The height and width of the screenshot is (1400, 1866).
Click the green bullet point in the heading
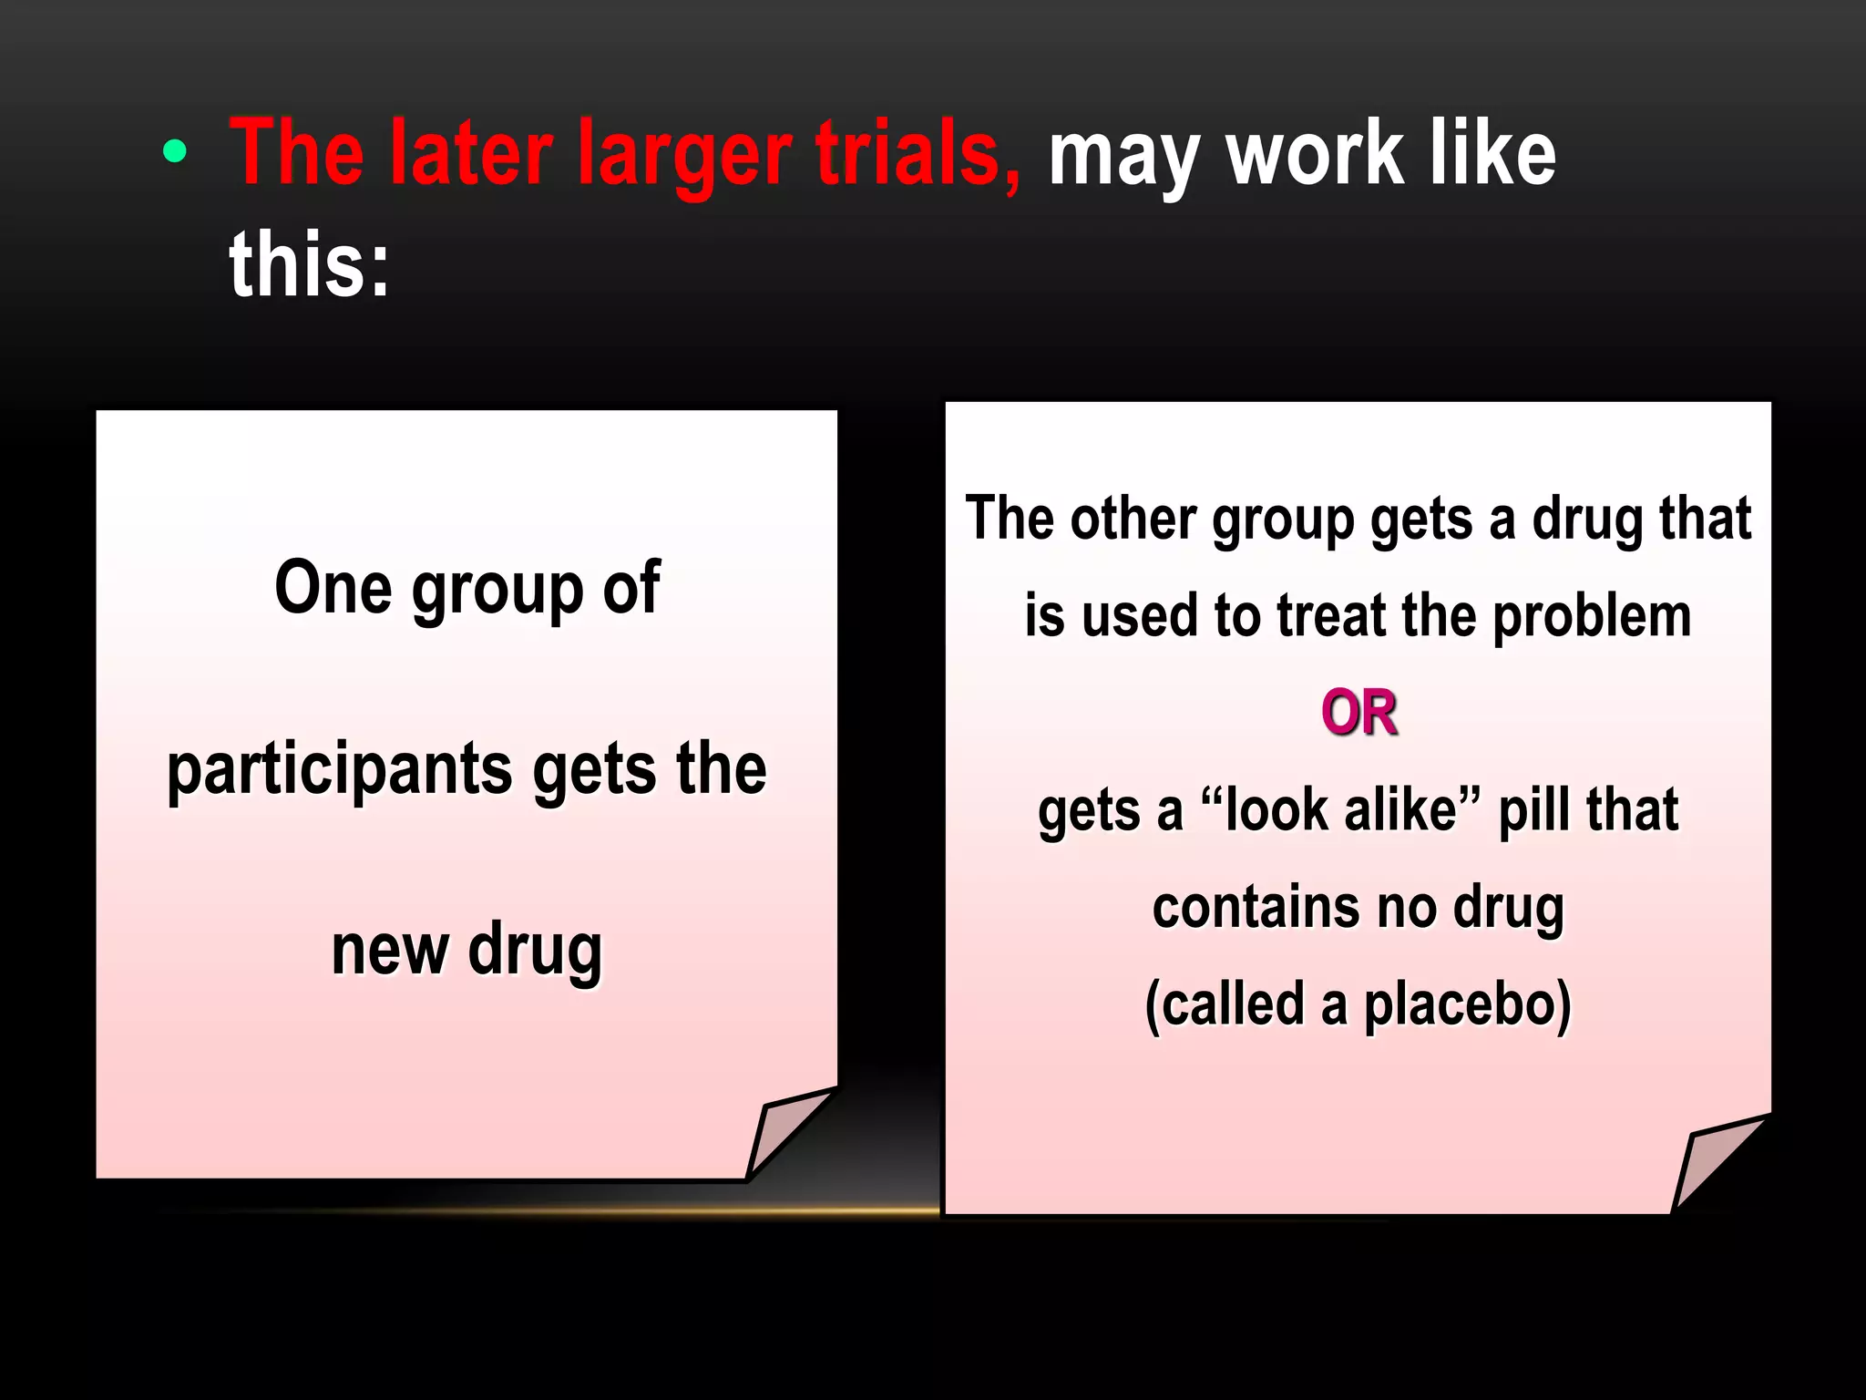174,151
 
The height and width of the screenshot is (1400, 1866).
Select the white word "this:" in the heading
309,264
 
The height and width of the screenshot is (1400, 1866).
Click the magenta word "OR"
1358,713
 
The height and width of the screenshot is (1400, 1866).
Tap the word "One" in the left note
333,588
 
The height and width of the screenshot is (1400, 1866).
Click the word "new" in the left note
390,950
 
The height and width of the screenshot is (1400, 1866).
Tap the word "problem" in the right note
1592,616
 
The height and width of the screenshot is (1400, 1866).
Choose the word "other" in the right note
1132,519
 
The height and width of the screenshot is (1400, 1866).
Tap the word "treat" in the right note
1331,616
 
